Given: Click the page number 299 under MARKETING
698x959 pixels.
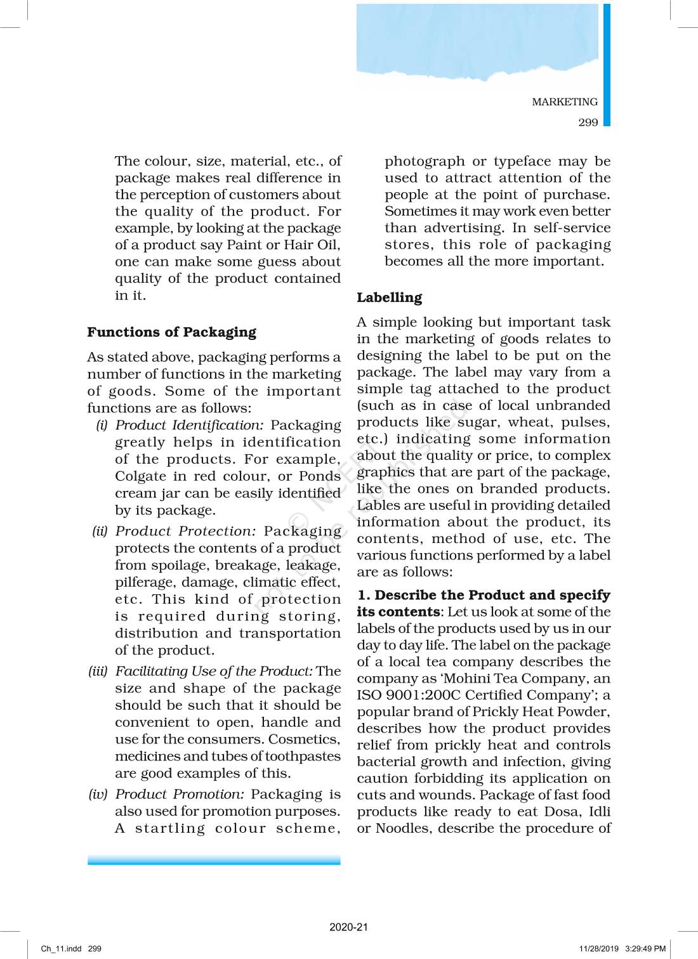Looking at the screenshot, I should [x=588, y=122].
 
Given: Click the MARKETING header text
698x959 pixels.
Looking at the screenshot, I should [x=564, y=102].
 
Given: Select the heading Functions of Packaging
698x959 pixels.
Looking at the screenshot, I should [x=171, y=332].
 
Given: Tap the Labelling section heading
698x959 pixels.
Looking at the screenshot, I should [x=389, y=297].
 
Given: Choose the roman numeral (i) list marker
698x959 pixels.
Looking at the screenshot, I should [x=102, y=425].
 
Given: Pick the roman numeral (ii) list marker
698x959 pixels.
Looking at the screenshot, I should [x=100, y=531].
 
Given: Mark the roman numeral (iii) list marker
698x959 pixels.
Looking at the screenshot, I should [x=98, y=671].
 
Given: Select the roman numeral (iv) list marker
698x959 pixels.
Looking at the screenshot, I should [x=98, y=794].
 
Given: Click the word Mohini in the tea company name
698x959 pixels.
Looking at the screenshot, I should [x=466, y=679].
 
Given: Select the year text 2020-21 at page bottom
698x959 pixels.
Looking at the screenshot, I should [x=348, y=927].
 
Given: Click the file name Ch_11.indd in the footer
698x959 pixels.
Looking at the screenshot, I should [x=61, y=949].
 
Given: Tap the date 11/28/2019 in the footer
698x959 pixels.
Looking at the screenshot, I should [x=598, y=949].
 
